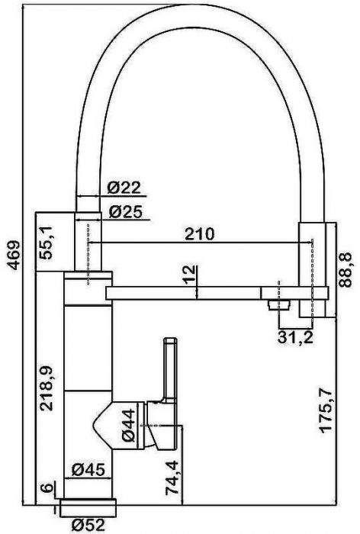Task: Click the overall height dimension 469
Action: pyautogui.click(x=14, y=256)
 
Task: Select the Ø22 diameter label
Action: pyautogui.click(x=124, y=188)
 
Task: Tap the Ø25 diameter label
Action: pyautogui.click(x=125, y=212)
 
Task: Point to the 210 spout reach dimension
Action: pyautogui.click(x=200, y=234)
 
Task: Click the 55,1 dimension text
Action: pyautogui.click(x=46, y=243)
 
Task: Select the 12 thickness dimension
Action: pyautogui.click(x=190, y=275)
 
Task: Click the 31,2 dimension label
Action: pyautogui.click(x=295, y=337)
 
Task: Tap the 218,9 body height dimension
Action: pyautogui.click(x=46, y=388)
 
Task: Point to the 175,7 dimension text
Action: pyautogui.click(x=327, y=410)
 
